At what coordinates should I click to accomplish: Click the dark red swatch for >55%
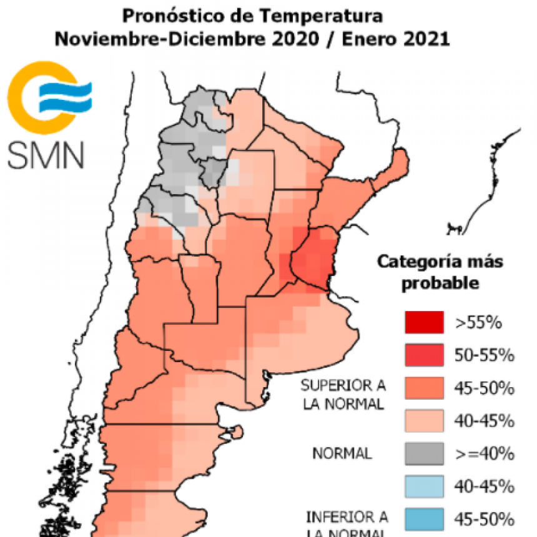coord(424,322)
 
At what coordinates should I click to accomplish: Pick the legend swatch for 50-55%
coord(424,355)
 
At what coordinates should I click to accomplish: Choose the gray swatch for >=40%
coord(424,453)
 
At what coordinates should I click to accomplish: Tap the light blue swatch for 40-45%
coord(424,485)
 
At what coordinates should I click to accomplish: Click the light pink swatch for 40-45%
coord(424,420)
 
